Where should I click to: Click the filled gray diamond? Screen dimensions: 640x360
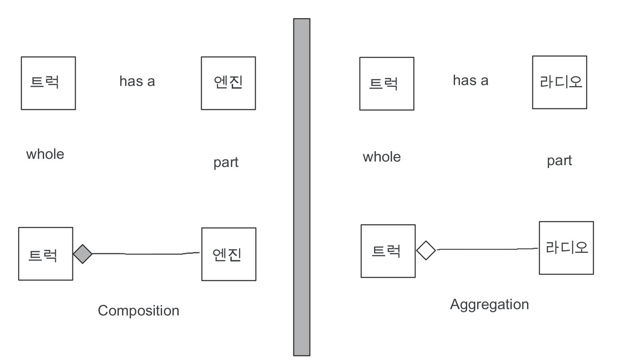point(83,254)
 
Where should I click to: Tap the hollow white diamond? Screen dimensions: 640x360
point(426,250)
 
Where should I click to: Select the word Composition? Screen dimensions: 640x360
point(139,310)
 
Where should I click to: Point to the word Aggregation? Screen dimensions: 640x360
point(489,305)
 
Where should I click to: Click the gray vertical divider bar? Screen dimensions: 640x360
point(302,187)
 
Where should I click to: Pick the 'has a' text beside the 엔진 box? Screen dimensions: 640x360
point(137,81)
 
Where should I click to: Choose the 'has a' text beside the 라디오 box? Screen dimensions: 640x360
point(470,81)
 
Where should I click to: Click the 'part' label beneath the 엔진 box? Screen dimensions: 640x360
point(226,162)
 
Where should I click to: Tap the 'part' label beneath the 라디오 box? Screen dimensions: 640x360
point(559,161)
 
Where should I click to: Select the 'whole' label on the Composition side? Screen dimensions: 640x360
point(45,154)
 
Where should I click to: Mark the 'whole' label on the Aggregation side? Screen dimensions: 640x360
point(382,157)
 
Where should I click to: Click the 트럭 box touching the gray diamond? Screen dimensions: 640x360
point(45,254)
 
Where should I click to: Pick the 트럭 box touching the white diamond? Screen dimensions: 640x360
point(388,251)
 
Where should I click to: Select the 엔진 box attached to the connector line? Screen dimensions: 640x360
point(229,254)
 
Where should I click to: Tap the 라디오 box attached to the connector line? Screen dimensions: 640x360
point(566,248)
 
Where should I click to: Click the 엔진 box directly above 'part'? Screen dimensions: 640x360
point(228,83)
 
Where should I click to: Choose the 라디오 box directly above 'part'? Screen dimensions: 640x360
point(559,82)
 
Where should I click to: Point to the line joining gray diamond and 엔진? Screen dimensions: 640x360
point(144,254)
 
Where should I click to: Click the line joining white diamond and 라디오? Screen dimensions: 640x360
point(486,249)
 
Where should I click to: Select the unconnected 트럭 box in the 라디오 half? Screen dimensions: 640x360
point(387,84)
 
